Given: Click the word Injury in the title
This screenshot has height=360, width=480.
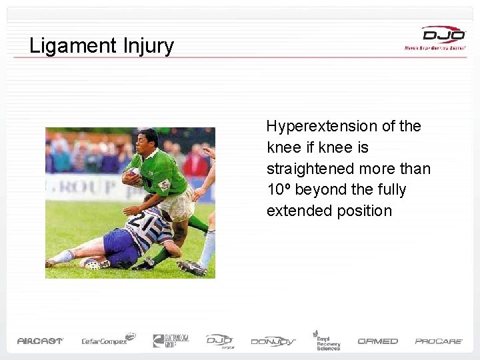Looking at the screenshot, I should tap(148, 46).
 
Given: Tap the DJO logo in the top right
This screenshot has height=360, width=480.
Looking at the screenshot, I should tap(443, 35).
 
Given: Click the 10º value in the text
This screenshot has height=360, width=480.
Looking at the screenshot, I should tap(278, 190).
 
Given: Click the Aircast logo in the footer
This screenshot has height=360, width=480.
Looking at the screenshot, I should tap(40, 341).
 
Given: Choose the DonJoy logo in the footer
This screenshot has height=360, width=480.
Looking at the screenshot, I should tap(273, 341).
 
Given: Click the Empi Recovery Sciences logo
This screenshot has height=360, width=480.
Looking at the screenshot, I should tap(328, 340).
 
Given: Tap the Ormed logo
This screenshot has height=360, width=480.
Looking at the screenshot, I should tap(377, 341).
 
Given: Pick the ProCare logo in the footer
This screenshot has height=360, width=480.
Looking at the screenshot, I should tap(439, 341).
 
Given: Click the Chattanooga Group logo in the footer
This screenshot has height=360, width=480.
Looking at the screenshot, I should tap(171, 341).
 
